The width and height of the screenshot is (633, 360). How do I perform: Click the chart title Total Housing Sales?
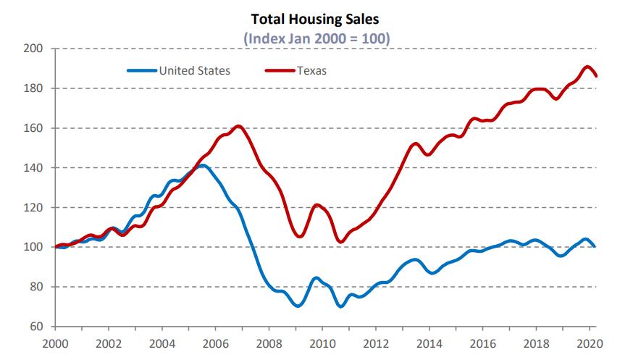(x=315, y=19)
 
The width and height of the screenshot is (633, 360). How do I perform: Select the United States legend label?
(x=194, y=70)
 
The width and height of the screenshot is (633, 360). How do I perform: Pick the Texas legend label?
(x=311, y=70)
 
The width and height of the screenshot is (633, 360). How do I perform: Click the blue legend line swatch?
(x=142, y=70)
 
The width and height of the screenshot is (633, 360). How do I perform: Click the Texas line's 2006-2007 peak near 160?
(x=239, y=127)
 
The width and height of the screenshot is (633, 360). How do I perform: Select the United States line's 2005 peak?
(x=202, y=166)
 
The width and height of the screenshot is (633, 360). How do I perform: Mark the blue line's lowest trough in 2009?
(x=297, y=306)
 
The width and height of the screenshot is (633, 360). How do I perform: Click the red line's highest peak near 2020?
(x=587, y=67)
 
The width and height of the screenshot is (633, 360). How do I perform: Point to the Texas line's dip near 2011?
(x=341, y=241)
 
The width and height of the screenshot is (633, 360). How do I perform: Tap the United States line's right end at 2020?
(x=595, y=246)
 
